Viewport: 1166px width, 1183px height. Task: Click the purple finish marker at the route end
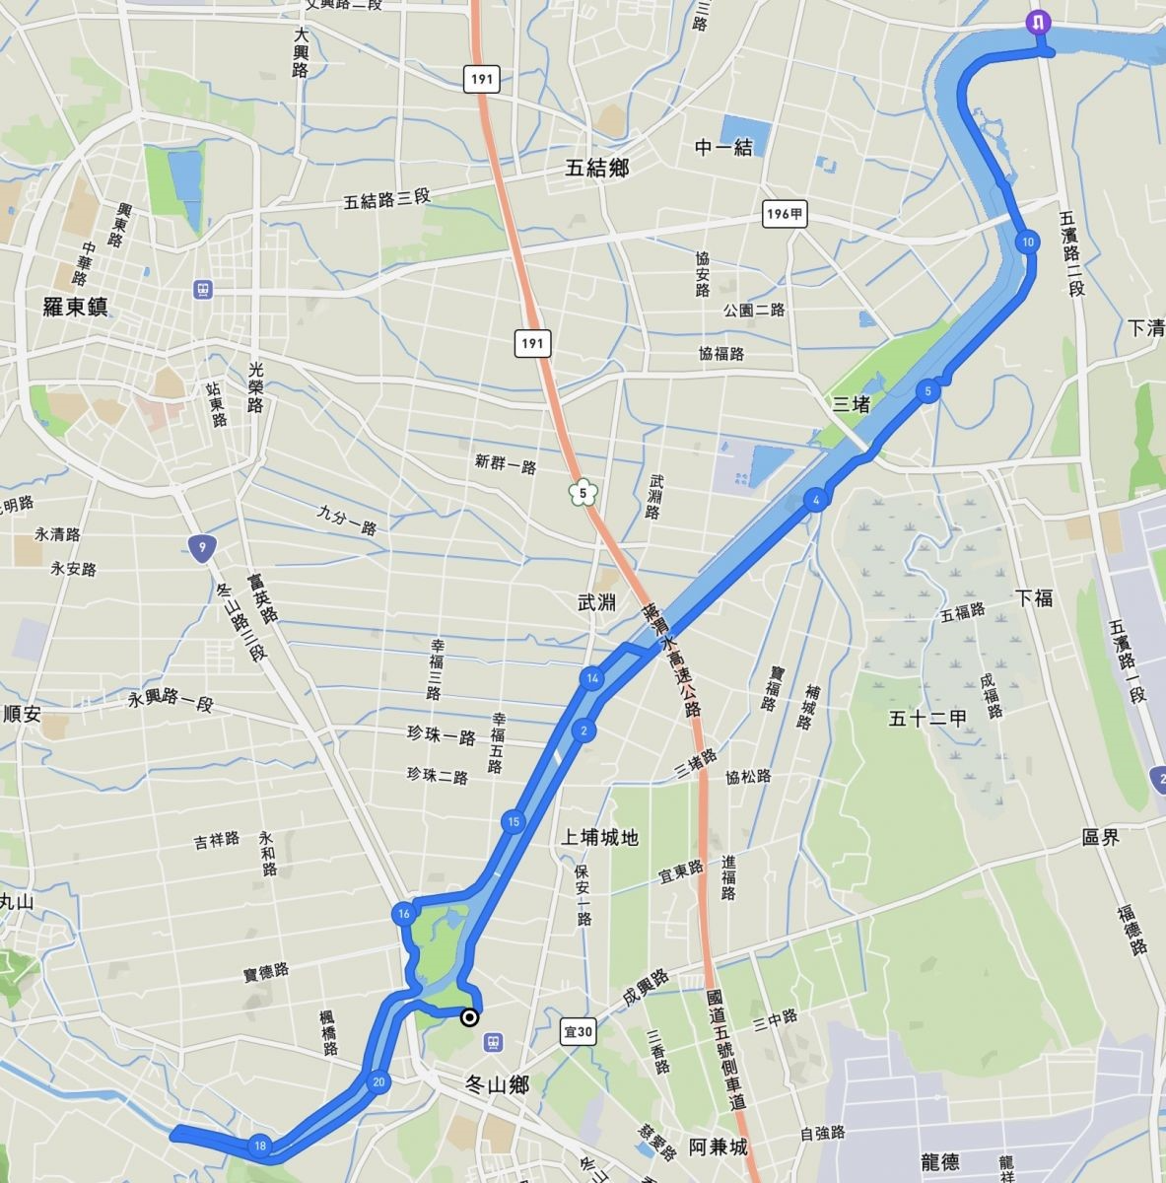tap(1038, 22)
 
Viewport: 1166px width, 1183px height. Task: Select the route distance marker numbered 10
tap(1027, 243)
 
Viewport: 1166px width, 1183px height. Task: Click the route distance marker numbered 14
tap(591, 678)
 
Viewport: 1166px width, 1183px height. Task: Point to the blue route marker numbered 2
tap(583, 731)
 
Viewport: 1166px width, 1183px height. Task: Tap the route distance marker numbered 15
tap(513, 822)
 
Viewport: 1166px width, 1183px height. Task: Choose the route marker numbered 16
tap(403, 914)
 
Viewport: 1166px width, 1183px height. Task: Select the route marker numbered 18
tap(259, 1146)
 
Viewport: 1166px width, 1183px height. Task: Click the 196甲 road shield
tap(785, 214)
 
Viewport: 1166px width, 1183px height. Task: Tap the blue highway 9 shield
tap(201, 548)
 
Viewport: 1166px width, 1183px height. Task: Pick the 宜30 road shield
tap(580, 1032)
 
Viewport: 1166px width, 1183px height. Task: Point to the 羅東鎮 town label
tap(76, 308)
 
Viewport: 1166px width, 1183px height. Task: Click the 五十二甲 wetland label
tap(928, 718)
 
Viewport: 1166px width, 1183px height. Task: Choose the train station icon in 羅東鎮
tap(203, 290)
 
